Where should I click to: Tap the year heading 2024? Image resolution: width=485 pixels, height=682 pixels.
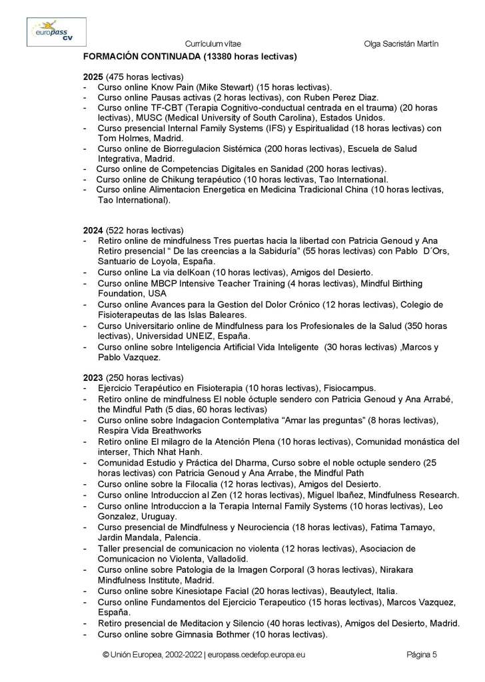tap(93, 230)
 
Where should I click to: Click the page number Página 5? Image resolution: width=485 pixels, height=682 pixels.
tap(422, 655)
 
